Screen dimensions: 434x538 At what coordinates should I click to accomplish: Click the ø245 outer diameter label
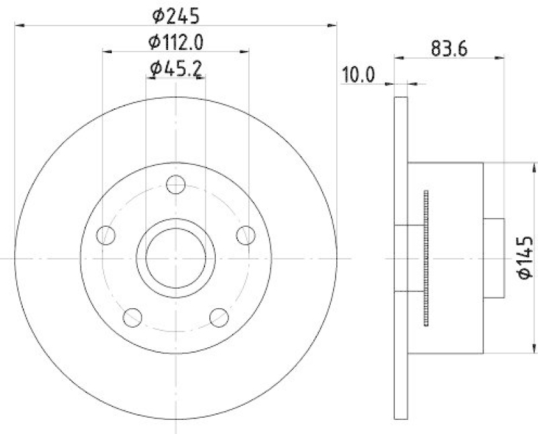[x=176, y=14]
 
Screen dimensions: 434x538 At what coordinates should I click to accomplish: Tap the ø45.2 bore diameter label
[x=176, y=68]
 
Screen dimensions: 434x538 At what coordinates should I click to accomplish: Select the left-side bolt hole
[x=106, y=235]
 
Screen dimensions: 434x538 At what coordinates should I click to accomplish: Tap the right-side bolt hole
[x=246, y=235]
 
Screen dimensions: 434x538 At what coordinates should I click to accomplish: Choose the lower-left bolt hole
[x=133, y=316]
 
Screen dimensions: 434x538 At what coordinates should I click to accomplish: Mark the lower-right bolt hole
[x=219, y=316]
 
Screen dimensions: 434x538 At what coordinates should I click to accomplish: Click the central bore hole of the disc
[x=176, y=258]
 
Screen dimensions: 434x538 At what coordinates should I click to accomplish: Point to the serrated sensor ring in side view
[x=426, y=258]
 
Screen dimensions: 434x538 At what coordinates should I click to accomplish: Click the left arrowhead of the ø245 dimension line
[x=18, y=26]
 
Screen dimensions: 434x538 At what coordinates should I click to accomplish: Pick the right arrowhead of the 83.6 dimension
[x=500, y=59]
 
